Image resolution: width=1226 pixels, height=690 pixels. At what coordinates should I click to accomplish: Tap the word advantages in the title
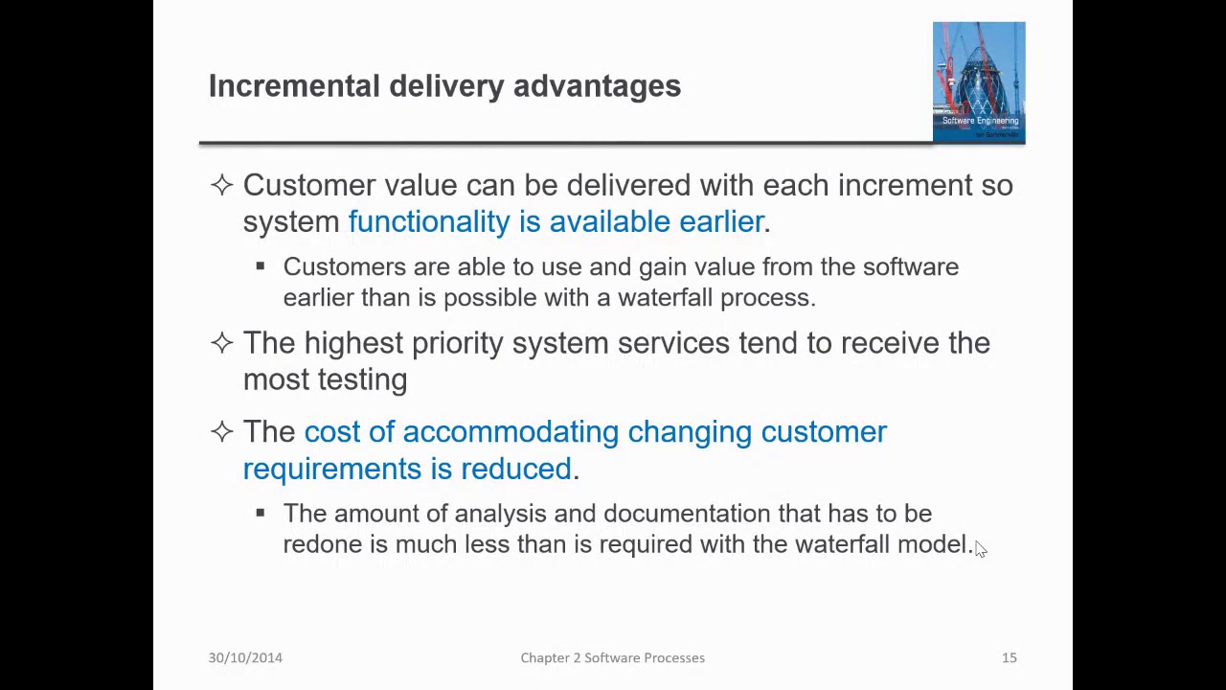(597, 86)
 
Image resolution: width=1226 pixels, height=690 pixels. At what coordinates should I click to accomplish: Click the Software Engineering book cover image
(978, 82)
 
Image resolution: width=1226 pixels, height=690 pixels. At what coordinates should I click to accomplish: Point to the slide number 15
(1009, 657)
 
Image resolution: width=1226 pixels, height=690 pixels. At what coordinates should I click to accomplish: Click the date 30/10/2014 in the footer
(245, 657)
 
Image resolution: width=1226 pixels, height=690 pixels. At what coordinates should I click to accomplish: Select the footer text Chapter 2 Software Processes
(612, 657)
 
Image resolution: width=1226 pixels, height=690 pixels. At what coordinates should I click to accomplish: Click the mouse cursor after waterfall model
(980, 548)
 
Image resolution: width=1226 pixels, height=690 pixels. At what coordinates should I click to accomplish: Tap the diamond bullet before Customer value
(221, 185)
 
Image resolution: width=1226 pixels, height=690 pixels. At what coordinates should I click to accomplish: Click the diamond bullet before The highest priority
(221, 343)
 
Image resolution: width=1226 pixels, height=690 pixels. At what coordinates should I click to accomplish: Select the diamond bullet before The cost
(221, 432)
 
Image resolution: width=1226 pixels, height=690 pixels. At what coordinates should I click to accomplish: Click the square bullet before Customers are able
(260, 267)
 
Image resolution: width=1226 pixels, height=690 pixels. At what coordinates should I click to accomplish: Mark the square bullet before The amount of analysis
(260, 514)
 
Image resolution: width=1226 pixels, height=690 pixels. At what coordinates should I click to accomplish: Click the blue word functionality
(428, 222)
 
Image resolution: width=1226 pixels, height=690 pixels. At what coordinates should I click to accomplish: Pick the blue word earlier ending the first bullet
(721, 222)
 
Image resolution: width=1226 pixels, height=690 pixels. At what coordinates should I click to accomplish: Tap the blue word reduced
(515, 469)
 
